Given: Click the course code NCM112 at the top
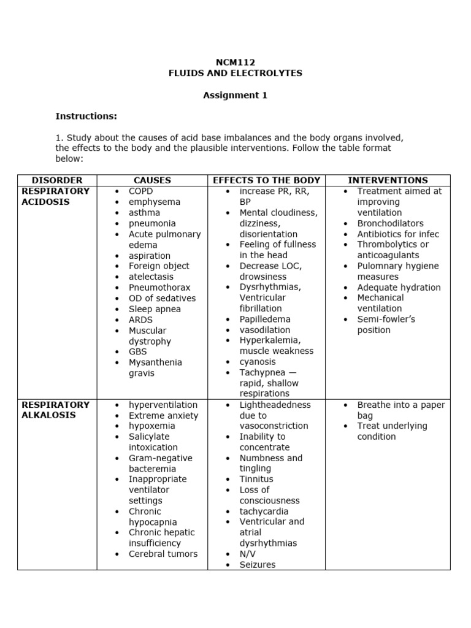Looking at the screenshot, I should click(235, 62).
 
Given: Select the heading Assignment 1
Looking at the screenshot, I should click(235, 95).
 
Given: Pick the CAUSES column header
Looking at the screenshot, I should click(152, 180).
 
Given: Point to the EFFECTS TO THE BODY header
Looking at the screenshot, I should click(266, 180).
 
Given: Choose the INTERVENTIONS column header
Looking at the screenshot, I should click(388, 180).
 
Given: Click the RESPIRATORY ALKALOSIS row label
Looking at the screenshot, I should click(55, 410).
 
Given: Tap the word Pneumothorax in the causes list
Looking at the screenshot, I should click(159, 288).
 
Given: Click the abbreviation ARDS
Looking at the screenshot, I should click(140, 320).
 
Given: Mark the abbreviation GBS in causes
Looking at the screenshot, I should click(137, 352).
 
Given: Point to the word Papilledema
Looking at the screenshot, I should click(265, 320).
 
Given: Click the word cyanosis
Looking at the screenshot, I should click(258, 362).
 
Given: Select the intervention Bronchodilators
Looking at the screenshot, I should click(390, 223).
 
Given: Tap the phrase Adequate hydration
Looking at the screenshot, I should click(399, 288).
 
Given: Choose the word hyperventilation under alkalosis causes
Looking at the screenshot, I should click(163, 405).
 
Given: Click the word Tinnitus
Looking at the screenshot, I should click(256, 479).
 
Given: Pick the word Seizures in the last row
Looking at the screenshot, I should click(258, 564).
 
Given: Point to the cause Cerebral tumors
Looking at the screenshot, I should click(163, 554).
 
